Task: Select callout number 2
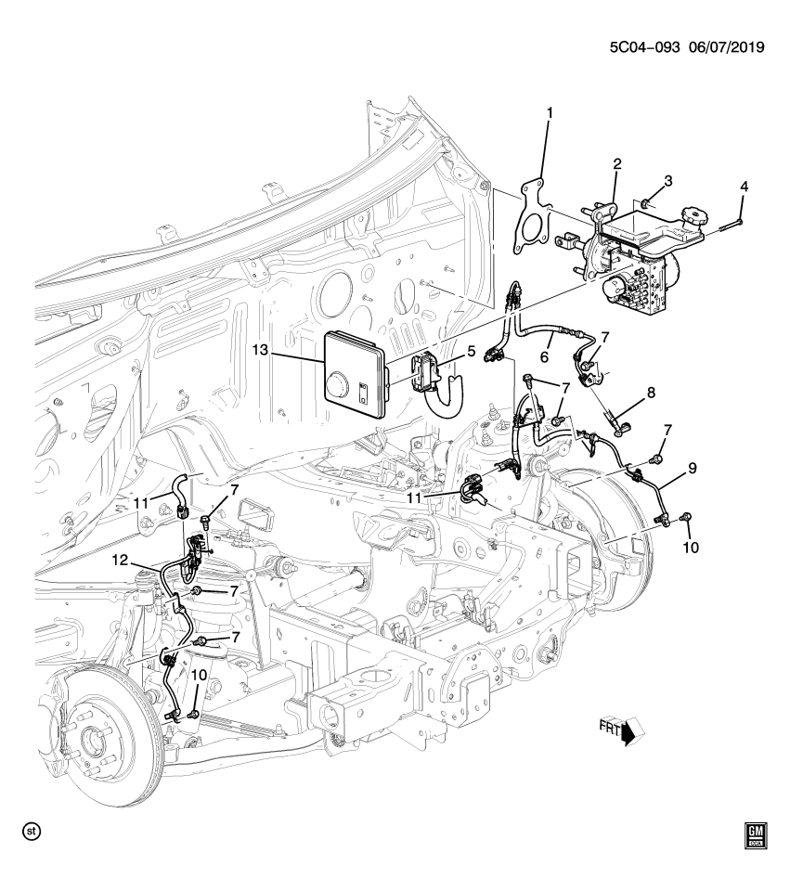point(615,164)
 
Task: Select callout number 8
point(651,393)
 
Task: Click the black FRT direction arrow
point(630,734)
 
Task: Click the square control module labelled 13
point(355,376)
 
